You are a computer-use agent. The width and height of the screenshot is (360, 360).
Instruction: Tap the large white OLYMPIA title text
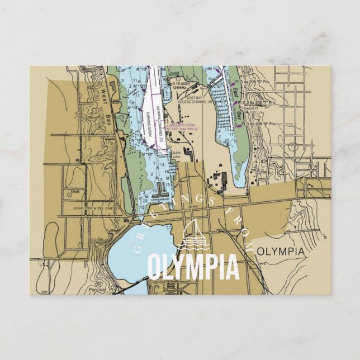click(x=192, y=267)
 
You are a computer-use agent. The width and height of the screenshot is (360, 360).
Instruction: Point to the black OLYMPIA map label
click(x=281, y=252)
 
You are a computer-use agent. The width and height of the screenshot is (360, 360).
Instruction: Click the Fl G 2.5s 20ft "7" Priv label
click(x=258, y=103)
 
